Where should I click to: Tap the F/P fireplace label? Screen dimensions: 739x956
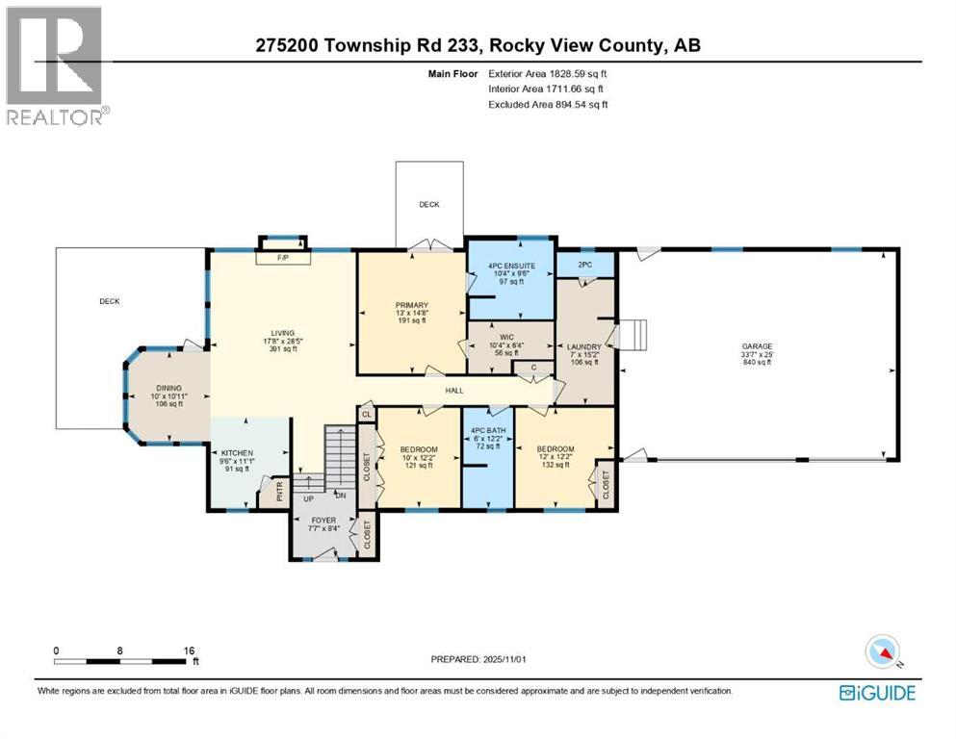point(283,258)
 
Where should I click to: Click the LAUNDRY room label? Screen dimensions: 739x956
point(583,346)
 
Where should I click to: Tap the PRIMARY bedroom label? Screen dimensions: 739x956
point(411,306)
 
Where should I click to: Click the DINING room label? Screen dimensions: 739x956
point(169,387)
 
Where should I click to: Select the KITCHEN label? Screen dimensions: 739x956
point(236,451)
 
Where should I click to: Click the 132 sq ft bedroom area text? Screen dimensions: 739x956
point(556,466)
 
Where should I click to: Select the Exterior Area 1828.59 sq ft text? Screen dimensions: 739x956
point(548,73)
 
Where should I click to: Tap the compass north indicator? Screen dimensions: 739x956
point(882,653)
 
